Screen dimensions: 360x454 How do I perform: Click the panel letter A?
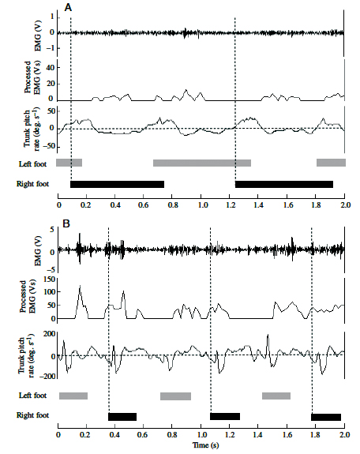[x=68, y=8]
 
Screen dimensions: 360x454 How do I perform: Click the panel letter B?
[x=66, y=223]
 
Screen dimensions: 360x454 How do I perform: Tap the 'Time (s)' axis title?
[x=206, y=445]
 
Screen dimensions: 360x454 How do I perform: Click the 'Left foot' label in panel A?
[x=32, y=164]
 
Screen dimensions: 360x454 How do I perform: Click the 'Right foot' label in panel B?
[x=32, y=415]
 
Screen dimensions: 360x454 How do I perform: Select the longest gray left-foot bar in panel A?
[x=202, y=163]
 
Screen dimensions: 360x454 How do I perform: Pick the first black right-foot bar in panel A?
[x=118, y=184]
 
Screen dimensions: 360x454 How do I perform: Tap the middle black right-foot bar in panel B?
[x=225, y=416]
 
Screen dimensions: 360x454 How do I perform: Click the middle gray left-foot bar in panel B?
[x=175, y=396]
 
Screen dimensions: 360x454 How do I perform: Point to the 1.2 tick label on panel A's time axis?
[x=231, y=205]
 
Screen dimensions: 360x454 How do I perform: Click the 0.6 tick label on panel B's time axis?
[x=144, y=434]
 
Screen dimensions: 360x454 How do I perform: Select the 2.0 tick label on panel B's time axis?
[x=345, y=434]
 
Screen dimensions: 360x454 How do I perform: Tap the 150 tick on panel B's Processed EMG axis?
[x=48, y=280]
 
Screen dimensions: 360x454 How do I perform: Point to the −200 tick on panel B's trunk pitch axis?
[x=47, y=376]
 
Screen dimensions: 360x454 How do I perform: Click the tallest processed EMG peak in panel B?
[x=80, y=286]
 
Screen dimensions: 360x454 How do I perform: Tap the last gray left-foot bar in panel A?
[x=331, y=163]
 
